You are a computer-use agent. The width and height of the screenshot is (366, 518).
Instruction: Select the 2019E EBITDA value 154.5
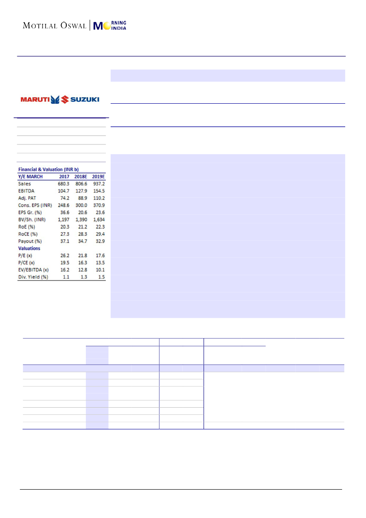pos(98,191)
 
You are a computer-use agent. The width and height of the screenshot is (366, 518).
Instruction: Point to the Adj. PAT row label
pos(27,198)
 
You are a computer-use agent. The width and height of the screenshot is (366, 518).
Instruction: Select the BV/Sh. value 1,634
pos(98,219)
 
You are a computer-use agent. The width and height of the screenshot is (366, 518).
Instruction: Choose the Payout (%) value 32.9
pos(98,241)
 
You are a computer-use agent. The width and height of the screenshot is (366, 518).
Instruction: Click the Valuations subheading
pos(29,248)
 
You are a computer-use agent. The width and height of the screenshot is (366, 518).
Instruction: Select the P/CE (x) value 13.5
pos(98,263)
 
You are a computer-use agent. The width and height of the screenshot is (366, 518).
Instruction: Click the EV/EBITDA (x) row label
pos(33,270)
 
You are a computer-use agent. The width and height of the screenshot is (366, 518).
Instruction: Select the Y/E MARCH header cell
pos(31,176)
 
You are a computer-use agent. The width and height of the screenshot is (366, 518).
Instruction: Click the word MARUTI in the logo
pos(35,99)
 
